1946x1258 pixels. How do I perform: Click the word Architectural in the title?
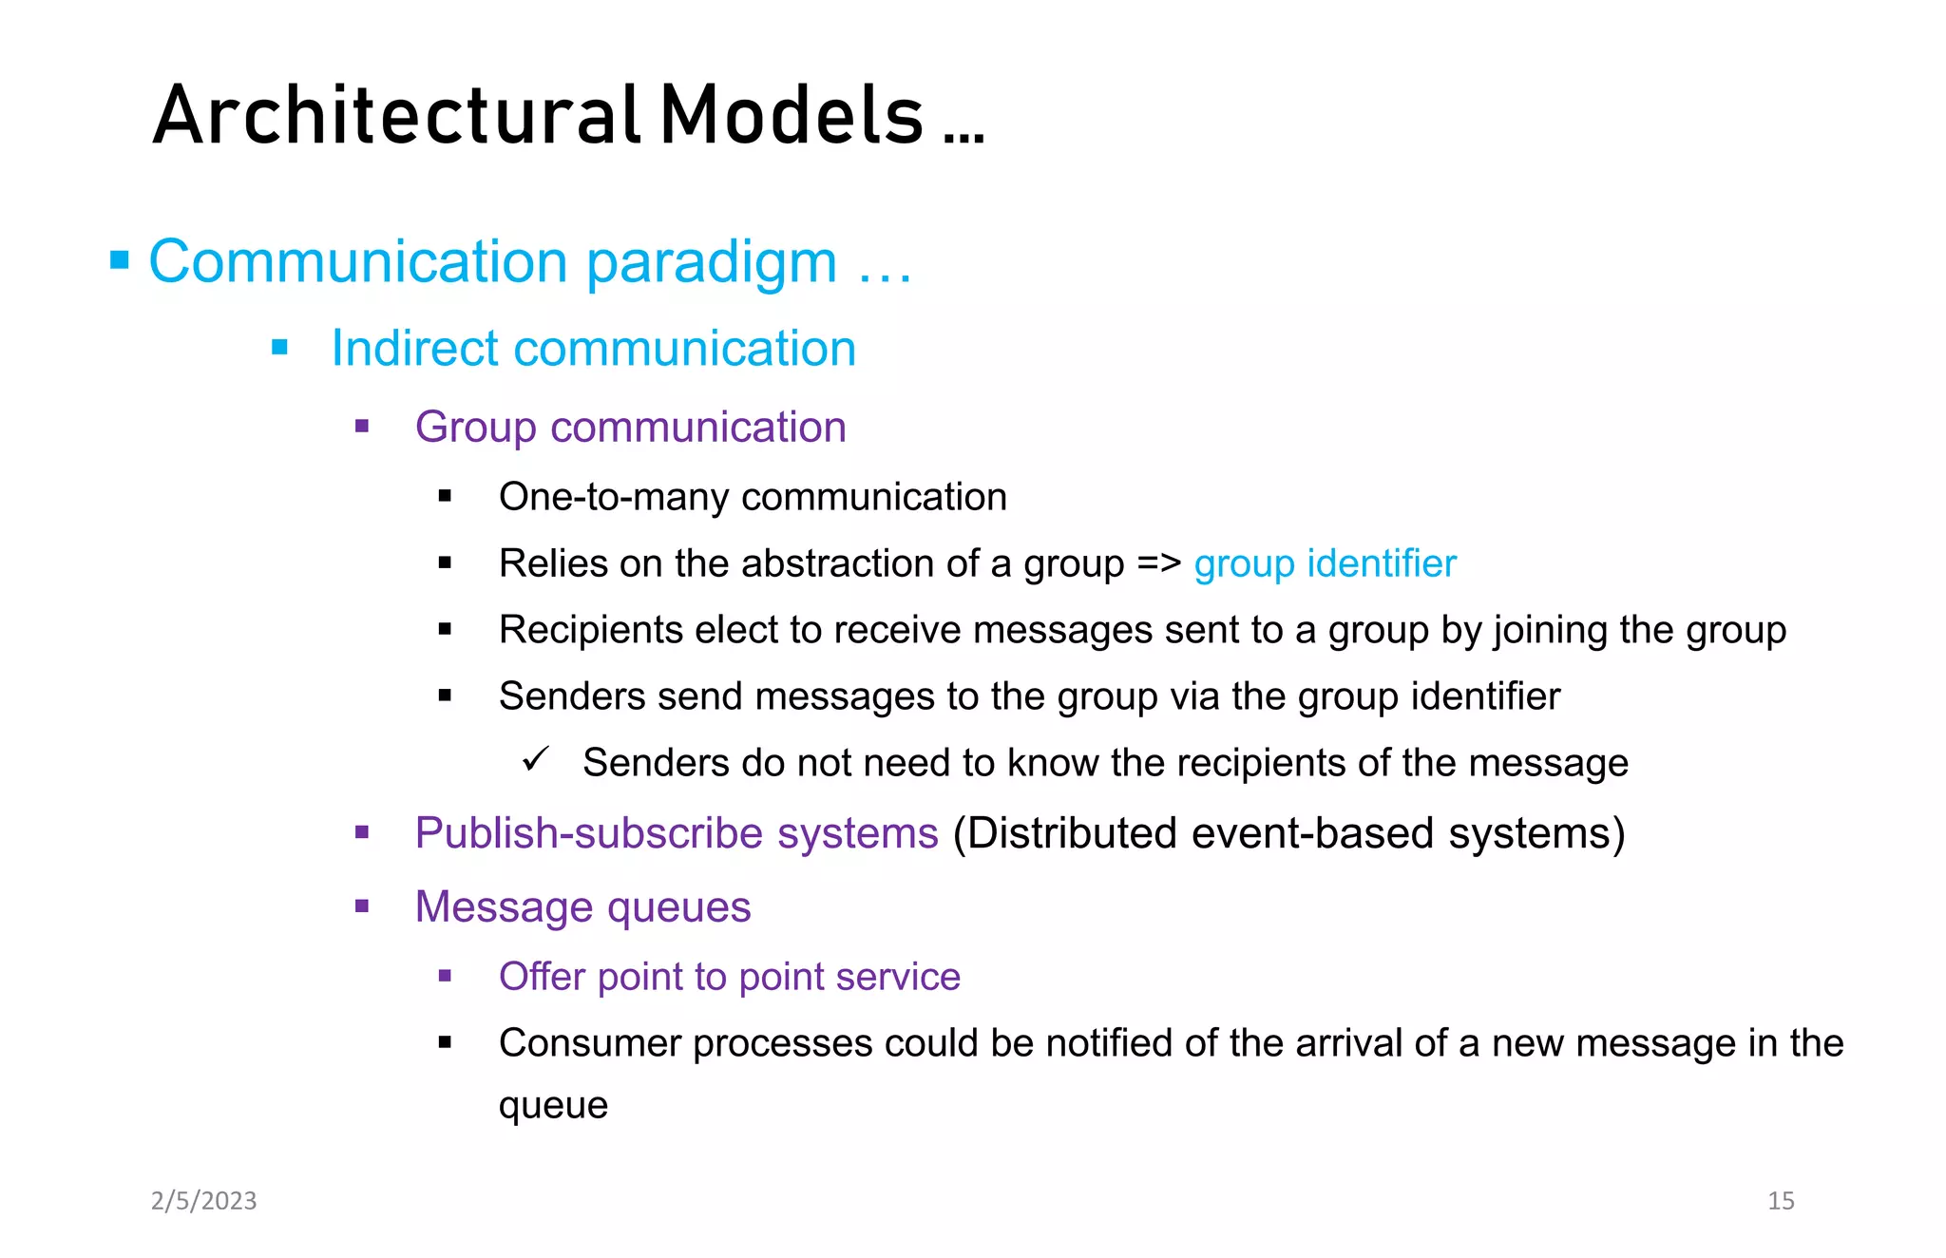click(x=395, y=116)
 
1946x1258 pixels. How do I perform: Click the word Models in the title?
click(x=792, y=116)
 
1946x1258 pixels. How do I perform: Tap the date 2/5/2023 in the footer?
click(x=204, y=1201)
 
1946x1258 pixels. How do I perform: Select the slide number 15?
click(x=1781, y=1201)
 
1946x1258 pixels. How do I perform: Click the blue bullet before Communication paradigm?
click(x=120, y=260)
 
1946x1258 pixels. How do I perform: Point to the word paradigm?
click(x=712, y=262)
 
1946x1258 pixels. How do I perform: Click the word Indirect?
click(x=414, y=348)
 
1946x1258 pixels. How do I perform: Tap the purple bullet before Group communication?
click(x=362, y=427)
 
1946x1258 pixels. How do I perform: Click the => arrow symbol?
click(x=1159, y=563)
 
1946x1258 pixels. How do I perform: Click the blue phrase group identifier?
click(x=1325, y=563)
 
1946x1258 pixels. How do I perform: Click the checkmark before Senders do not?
click(x=537, y=760)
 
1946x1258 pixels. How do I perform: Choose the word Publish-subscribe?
click(x=589, y=833)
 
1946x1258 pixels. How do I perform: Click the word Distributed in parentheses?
click(x=1071, y=833)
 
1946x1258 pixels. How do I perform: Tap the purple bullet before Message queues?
click(x=362, y=906)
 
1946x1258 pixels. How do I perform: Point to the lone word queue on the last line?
click(x=553, y=1106)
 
